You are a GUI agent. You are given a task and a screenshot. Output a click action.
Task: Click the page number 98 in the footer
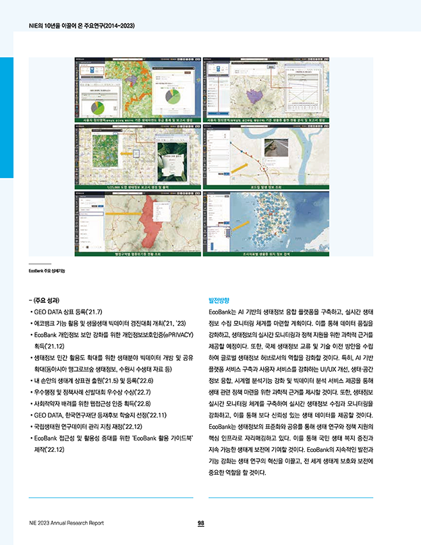click(201, 523)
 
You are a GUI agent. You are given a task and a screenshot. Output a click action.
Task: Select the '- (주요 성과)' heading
click(45, 300)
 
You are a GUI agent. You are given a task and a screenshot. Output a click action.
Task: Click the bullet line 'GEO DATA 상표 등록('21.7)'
click(68, 313)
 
